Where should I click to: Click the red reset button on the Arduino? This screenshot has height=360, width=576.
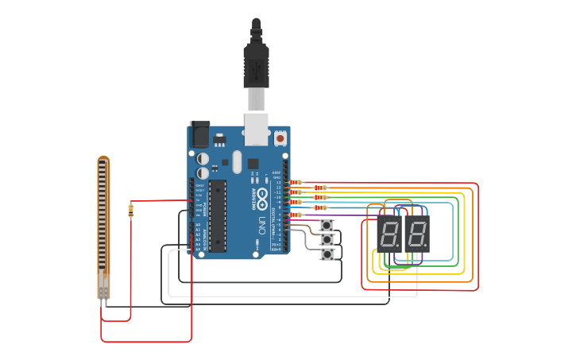pyautogui.click(x=280, y=138)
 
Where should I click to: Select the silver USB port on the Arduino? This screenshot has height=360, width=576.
pyautogui.click(x=256, y=130)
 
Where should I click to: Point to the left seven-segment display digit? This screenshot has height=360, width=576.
pyautogui.click(x=389, y=234)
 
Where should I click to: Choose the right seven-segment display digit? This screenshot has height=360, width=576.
pyautogui.click(x=417, y=234)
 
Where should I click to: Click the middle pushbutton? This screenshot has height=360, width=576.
pyautogui.click(x=327, y=239)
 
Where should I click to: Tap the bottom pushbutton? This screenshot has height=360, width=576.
pyautogui.click(x=327, y=254)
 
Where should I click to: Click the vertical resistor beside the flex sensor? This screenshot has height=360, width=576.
pyautogui.click(x=130, y=210)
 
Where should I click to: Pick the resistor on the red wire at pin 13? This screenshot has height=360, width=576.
pyautogui.click(x=296, y=182)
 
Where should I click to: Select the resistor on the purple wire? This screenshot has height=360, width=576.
pyautogui.click(x=296, y=215)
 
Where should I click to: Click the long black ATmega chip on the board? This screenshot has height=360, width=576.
pyautogui.click(x=217, y=215)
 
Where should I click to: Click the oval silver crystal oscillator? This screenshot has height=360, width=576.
pyautogui.click(x=225, y=163)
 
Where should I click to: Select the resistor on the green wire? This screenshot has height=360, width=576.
pyautogui.click(x=320, y=197)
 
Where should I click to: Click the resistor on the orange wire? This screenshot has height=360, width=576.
pyautogui.click(x=320, y=188)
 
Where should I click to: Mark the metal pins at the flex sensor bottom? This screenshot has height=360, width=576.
pyautogui.click(x=103, y=300)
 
